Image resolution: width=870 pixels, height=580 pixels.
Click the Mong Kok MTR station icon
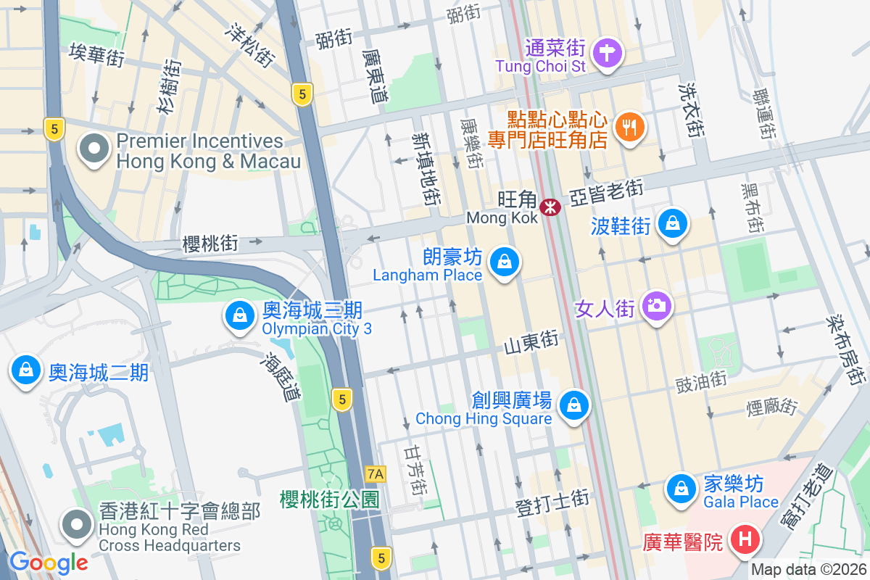point(552,207)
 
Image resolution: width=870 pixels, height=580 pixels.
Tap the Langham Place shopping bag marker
point(505,262)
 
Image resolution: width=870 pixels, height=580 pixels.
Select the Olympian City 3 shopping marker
point(239,316)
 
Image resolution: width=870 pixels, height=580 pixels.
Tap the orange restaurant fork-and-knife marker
point(629,128)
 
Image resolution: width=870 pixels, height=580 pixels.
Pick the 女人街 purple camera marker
point(657,307)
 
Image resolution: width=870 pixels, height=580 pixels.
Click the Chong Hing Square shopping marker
point(574,405)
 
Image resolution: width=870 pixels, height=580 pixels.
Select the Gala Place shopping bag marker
point(681,489)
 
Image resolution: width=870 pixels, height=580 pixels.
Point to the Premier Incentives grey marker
point(94,149)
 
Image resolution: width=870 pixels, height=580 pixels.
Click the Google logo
point(48,562)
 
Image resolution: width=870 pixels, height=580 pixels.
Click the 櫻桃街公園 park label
point(330,500)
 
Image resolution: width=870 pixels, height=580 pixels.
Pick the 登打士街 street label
point(552,501)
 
